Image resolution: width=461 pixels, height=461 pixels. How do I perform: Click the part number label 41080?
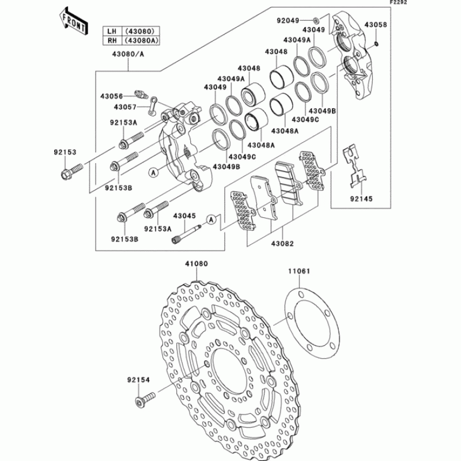(197, 264)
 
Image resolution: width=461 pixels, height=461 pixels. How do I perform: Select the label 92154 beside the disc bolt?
(138, 380)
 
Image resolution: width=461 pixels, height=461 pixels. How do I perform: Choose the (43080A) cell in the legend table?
(140, 40)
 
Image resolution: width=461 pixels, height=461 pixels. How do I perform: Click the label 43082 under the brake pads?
(282, 243)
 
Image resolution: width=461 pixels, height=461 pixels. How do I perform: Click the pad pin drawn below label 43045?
(188, 235)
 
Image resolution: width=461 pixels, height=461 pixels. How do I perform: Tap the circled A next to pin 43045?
(212, 219)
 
